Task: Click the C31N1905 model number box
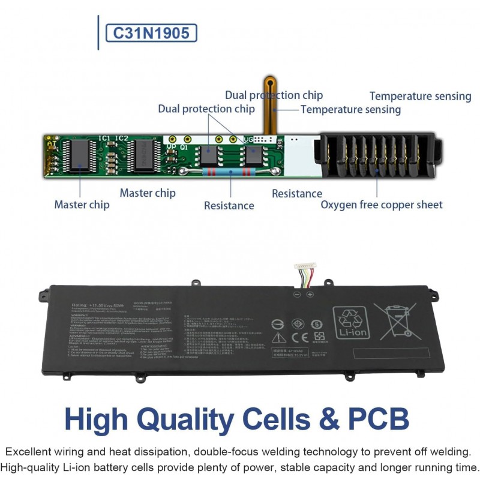[x=151, y=32]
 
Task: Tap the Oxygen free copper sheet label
[x=382, y=205]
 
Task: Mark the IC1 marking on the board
[x=104, y=139]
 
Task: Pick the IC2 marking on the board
[x=122, y=139]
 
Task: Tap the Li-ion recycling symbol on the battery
[x=351, y=323]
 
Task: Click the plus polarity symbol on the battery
[x=310, y=294]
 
